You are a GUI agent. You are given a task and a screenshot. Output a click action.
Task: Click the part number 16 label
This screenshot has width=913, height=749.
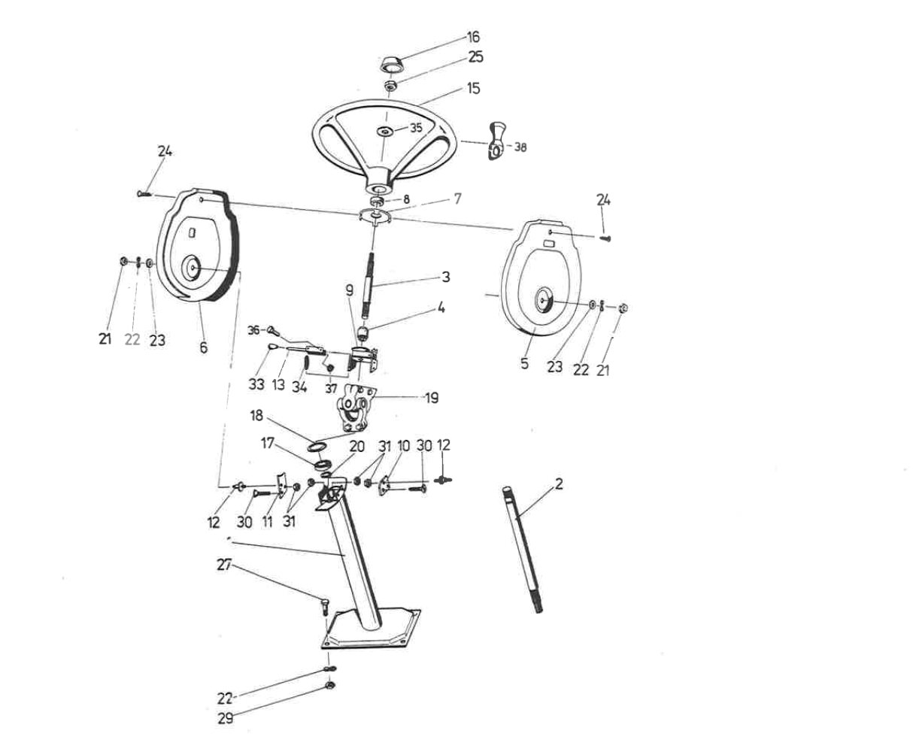pyautogui.click(x=473, y=37)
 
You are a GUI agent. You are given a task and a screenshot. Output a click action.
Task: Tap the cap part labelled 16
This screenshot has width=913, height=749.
pyautogui.click(x=393, y=65)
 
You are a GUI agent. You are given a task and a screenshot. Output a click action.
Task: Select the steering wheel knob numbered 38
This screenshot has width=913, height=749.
pyautogui.click(x=496, y=141)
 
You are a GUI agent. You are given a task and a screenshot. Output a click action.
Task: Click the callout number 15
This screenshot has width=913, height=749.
pyautogui.click(x=474, y=88)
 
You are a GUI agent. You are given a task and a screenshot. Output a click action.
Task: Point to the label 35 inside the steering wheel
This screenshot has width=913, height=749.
pyautogui.click(x=416, y=128)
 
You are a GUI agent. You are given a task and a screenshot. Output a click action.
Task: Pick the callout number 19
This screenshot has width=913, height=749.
pyautogui.click(x=432, y=398)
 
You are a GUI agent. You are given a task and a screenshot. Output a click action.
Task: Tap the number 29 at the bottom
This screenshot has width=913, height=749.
pyautogui.click(x=225, y=718)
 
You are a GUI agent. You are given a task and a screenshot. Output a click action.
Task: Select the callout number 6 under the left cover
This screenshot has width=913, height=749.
pyautogui.click(x=204, y=347)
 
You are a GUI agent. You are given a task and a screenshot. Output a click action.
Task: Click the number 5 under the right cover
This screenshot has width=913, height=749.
pyautogui.click(x=525, y=363)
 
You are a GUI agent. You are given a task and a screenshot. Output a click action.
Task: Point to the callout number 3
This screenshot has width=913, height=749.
pyautogui.click(x=446, y=277)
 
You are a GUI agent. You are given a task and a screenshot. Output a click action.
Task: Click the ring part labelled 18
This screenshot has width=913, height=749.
pyautogui.click(x=318, y=447)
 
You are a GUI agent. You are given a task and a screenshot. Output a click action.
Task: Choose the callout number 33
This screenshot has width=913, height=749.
pyautogui.click(x=256, y=384)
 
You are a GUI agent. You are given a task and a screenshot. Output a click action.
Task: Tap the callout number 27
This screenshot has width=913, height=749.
pyautogui.click(x=224, y=565)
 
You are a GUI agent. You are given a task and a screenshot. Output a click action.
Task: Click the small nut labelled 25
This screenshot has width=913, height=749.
pyautogui.click(x=391, y=84)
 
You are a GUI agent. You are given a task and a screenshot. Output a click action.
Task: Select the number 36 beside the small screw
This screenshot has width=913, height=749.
pyautogui.click(x=253, y=330)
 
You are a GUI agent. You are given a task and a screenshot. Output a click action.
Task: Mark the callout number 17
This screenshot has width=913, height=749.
pyautogui.click(x=268, y=443)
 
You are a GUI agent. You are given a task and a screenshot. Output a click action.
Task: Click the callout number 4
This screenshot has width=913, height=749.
pyautogui.click(x=441, y=308)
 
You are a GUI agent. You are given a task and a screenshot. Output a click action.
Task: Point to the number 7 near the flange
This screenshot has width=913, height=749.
pyautogui.click(x=457, y=199)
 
